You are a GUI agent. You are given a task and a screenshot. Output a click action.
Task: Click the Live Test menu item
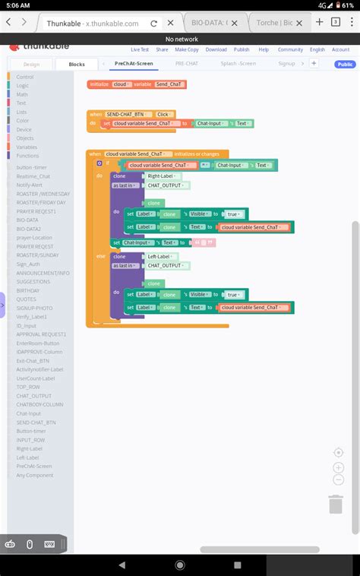140,49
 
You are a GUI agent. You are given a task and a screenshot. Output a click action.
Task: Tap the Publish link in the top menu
242,49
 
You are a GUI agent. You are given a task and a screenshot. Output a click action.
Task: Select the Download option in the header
216,49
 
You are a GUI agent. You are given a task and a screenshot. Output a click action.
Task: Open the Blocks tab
77,65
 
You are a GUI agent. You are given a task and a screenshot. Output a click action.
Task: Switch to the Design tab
31,65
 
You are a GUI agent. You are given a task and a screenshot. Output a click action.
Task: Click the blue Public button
345,65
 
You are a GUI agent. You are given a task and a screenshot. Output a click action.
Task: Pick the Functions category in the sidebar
27,156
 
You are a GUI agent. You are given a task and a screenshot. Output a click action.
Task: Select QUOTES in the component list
26,299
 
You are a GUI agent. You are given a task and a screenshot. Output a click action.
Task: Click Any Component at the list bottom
35,475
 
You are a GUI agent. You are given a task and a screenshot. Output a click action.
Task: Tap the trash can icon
336,504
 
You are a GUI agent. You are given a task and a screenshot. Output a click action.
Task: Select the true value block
235,214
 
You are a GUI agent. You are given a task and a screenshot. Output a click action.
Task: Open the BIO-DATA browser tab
227,23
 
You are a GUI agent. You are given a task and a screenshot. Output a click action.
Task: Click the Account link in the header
340,49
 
